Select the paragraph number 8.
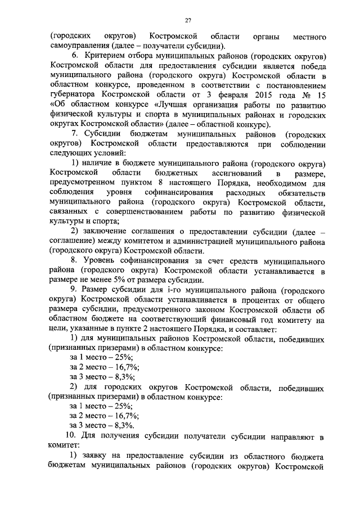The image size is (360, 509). (x=74, y=263)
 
